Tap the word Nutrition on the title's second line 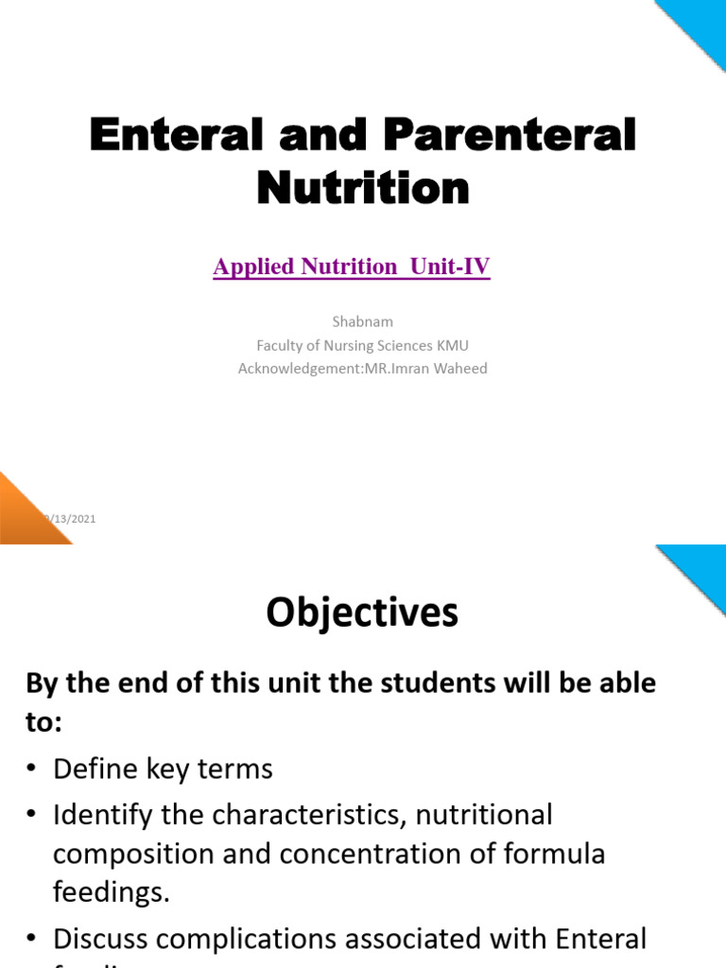click(363, 187)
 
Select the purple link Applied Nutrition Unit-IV click(352, 268)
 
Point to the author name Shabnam click(363, 321)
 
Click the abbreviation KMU click(450, 345)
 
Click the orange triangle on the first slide click(24, 515)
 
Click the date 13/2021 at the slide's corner click(74, 519)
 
